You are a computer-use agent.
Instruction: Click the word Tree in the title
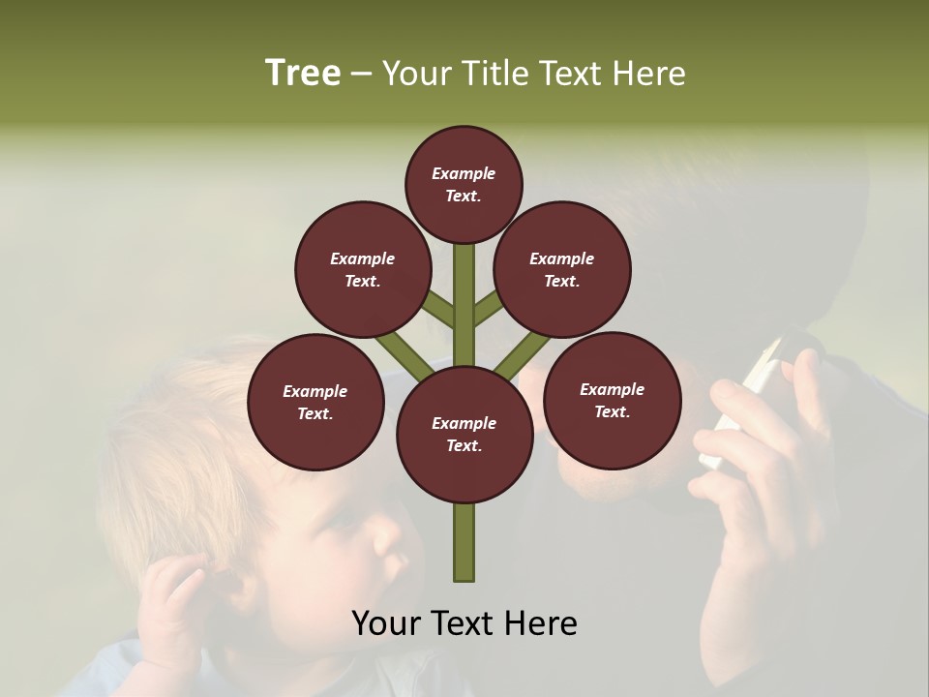303,73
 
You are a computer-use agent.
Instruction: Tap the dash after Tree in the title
361,75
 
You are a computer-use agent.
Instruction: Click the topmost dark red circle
464,183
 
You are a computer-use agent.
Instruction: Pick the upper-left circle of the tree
362,269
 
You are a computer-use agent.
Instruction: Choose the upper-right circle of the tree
561,269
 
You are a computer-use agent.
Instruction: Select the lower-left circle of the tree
315,402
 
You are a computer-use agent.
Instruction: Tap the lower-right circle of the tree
612,400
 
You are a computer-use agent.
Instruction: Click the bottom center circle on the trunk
464,435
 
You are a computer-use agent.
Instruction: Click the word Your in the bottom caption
384,623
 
